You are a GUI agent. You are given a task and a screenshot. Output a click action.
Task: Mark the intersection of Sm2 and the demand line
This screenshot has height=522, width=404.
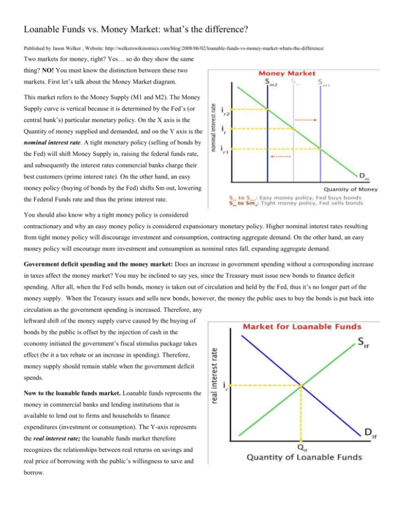click(268, 109)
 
